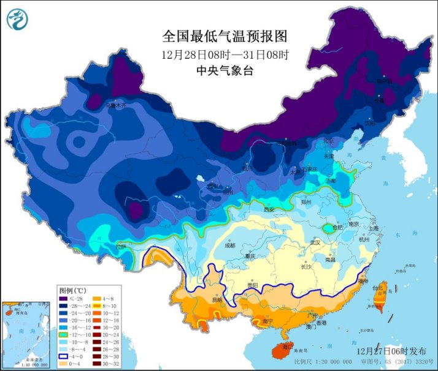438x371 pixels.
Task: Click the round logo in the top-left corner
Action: click(x=17, y=20)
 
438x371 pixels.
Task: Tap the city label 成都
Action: click(x=229, y=245)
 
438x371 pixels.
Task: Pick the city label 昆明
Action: click(x=217, y=299)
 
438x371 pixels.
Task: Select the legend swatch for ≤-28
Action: click(x=64, y=298)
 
